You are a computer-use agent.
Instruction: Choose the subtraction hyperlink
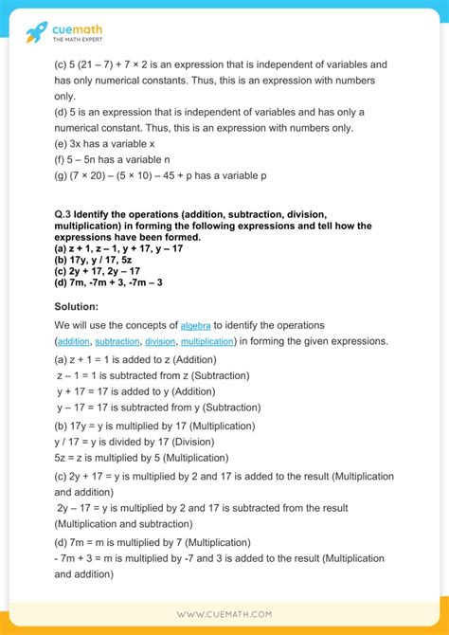click(x=117, y=340)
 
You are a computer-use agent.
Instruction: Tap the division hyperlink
click(x=160, y=340)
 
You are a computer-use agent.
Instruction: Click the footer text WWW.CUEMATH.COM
click(x=224, y=614)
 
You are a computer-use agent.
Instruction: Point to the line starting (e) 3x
click(x=105, y=145)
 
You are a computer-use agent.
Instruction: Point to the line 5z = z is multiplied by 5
click(x=135, y=456)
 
